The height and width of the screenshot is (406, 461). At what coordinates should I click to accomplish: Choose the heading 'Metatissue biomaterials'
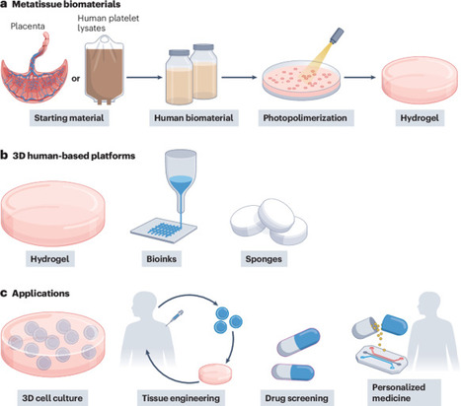point(69,6)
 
